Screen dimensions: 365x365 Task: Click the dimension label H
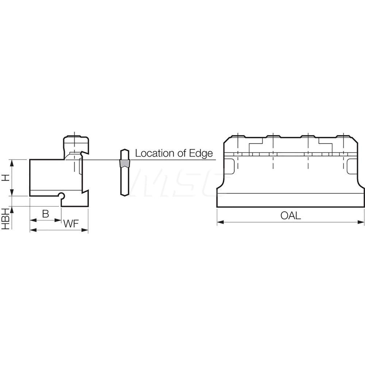[x=5, y=178]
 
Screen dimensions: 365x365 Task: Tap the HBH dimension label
[x=5, y=218]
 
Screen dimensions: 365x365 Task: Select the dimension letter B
[x=45, y=214]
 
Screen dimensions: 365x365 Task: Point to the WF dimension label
[x=72, y=224]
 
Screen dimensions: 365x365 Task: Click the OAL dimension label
[x=291, y=215]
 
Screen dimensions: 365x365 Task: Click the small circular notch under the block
[x=62, y=196]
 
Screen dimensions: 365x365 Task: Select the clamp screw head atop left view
[x=76, y=141]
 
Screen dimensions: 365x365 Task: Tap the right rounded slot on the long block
[x=352, y=166]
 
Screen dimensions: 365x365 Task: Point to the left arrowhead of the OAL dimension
[x=219, y=222]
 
